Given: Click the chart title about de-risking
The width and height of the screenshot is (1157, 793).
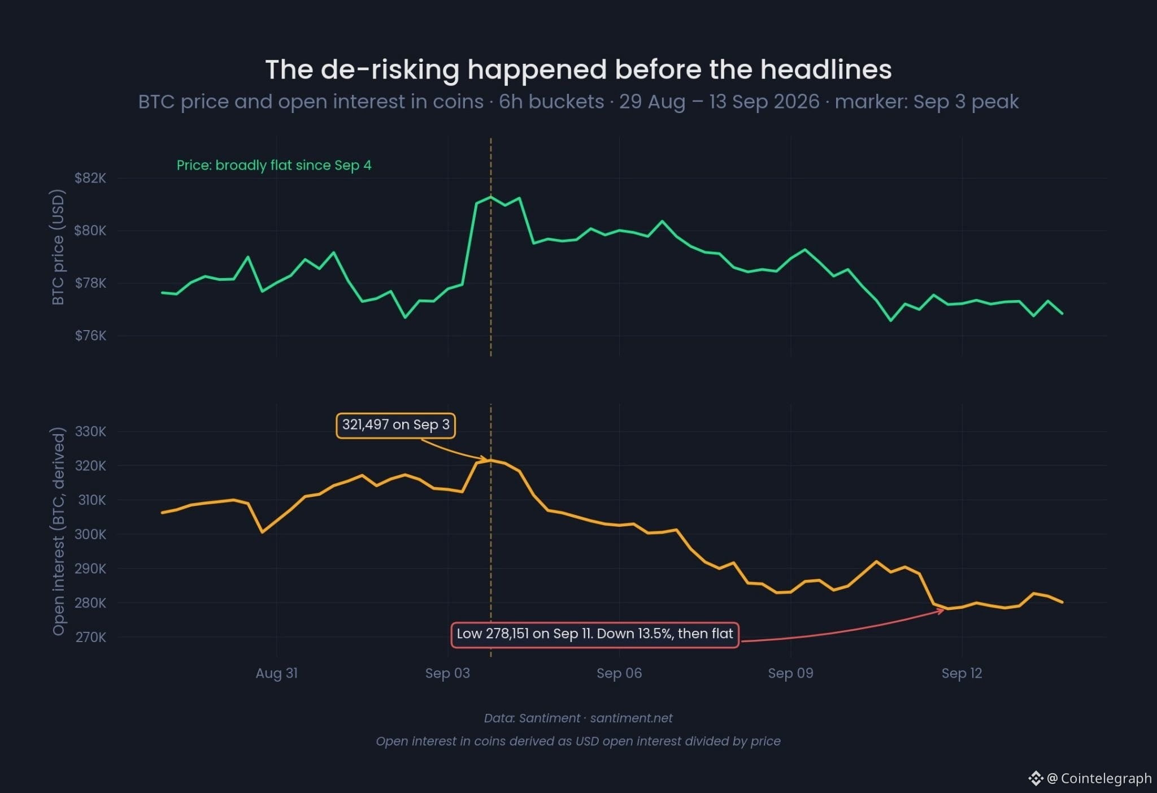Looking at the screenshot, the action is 578,70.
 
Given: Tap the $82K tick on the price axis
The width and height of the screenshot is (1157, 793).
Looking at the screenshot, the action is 90,178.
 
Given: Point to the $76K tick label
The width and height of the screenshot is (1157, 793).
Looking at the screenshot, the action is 90,336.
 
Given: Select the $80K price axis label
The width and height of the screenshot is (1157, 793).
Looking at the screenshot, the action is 90,231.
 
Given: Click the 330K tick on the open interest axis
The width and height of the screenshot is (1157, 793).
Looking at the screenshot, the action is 90,432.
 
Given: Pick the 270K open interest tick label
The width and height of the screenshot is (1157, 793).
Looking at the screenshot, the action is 90,638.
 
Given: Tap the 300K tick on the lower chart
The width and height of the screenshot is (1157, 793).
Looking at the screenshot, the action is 90,535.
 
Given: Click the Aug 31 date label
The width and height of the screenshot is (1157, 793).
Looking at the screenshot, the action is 277,673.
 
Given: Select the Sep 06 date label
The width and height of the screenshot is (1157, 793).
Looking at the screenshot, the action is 619,673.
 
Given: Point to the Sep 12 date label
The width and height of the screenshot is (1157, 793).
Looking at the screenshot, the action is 962,673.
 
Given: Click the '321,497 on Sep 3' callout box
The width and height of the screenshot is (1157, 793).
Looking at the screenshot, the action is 396,426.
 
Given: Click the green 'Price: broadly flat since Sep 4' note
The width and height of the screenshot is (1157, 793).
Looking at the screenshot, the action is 274,165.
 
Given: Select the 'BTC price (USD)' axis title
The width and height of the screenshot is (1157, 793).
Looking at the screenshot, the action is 58,247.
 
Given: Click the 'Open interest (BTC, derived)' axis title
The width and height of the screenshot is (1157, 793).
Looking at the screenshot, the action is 58,531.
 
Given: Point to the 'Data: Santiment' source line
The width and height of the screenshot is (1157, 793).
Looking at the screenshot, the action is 578,718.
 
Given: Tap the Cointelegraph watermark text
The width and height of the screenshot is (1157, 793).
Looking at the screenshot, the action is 1099,778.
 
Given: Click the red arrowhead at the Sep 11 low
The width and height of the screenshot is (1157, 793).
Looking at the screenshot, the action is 941,610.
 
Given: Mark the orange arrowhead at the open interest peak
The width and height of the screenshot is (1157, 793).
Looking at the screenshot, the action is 483,459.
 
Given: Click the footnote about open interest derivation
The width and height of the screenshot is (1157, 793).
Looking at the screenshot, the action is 578,742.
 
